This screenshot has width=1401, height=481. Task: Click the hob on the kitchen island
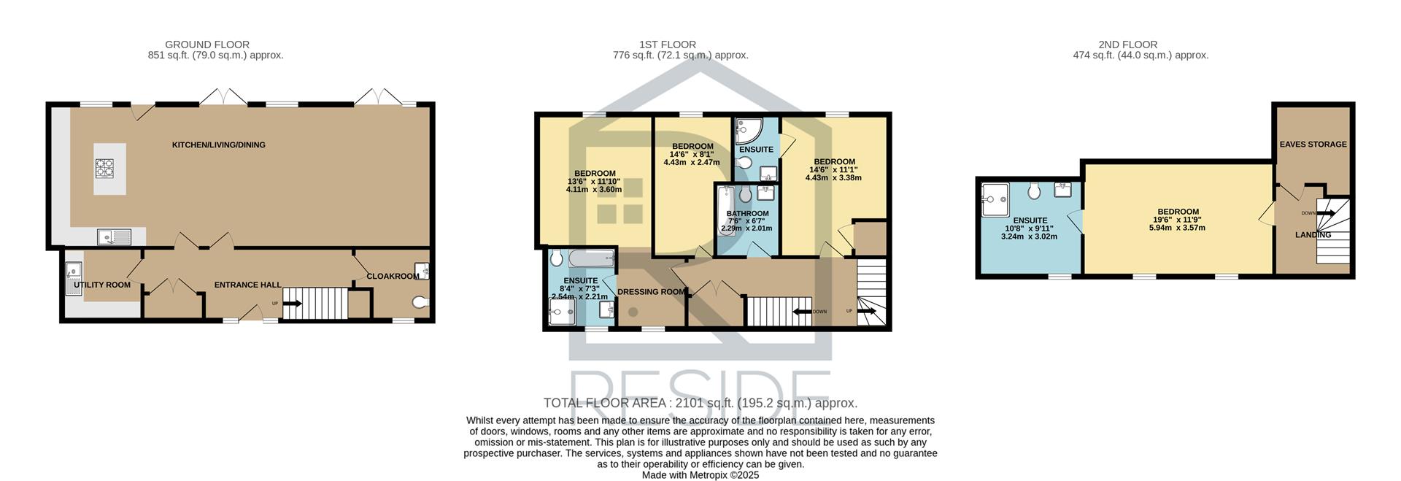pos(104,169)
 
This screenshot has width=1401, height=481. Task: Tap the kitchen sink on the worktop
pos(114,236)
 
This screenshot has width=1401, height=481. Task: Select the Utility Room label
pos(102,285)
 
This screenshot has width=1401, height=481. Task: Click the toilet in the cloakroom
pos(420,302)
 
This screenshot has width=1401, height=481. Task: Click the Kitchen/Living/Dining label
pos(219,145)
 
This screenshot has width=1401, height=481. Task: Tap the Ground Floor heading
pos(207,45)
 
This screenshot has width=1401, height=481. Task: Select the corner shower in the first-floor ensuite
pos(749,131)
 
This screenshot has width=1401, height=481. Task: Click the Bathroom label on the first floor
pos(747,214)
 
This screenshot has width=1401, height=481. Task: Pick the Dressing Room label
pos(652,292)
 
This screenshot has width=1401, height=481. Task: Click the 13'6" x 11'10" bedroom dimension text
pos(594,182)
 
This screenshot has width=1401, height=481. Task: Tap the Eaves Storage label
pos(1313,145)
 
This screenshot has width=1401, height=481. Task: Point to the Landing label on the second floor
pos(1313,235)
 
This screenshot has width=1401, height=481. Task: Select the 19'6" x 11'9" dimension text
pos(1178,220)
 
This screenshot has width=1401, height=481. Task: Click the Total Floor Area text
pos(700,403)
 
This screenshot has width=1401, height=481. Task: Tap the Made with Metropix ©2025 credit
pos(700,475)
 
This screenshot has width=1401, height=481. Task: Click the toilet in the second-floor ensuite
pos(1033,191)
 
